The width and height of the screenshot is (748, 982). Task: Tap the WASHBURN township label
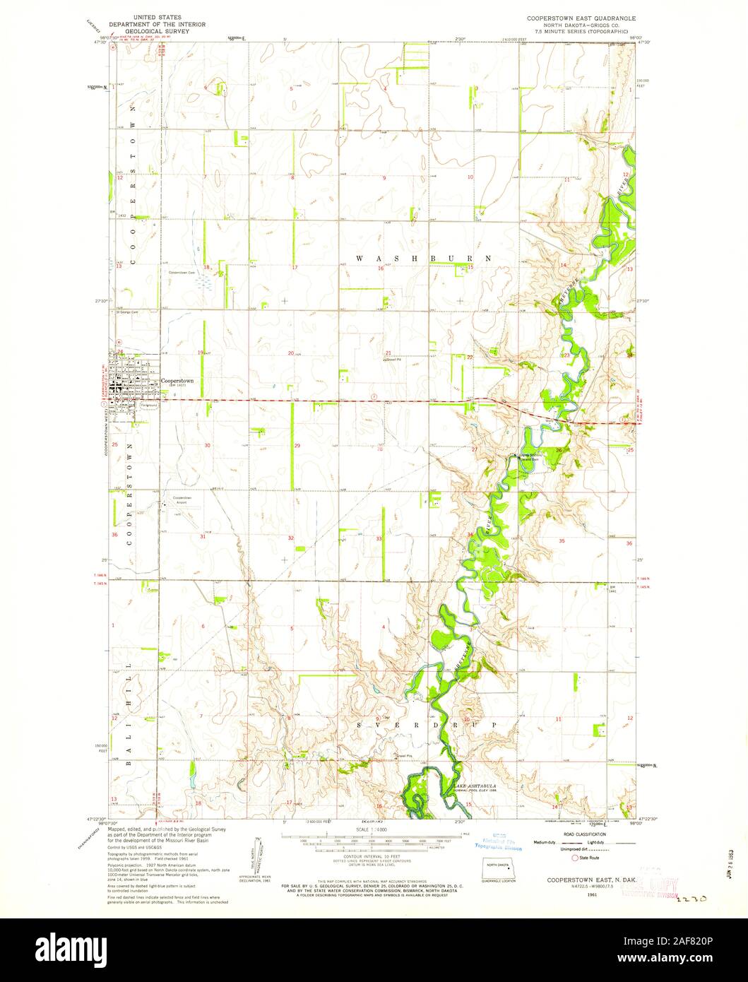(422, 259)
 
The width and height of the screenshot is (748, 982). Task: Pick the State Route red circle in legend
(574, 858)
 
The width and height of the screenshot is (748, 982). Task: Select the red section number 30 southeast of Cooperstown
(207, 446)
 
